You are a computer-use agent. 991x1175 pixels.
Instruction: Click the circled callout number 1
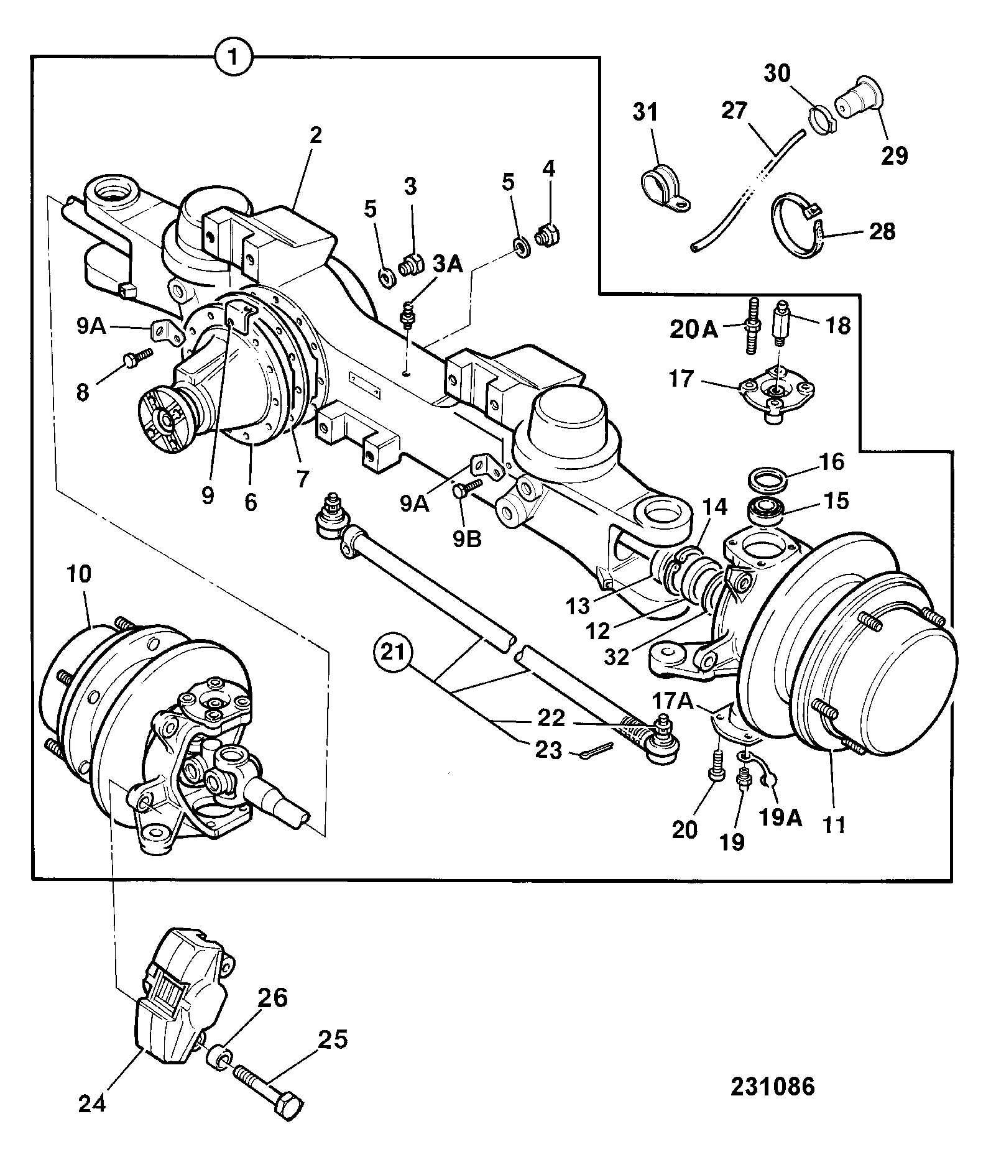click(x=233, y=58)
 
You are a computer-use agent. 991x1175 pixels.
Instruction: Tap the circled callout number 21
click(x=394, y=655)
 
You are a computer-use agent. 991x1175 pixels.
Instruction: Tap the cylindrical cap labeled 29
click(x=857, y=100)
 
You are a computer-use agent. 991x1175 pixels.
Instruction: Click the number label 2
click(x=316, y=135)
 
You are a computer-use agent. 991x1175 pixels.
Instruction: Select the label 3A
click(x=448, y=265)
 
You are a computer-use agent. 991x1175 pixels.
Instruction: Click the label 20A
click(x=694, y=329)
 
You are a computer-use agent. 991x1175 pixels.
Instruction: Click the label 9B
click(x=466, y=540)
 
